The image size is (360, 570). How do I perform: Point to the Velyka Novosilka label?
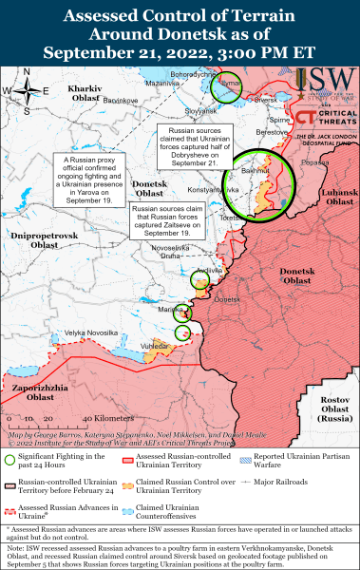click(x=91, y=332)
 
